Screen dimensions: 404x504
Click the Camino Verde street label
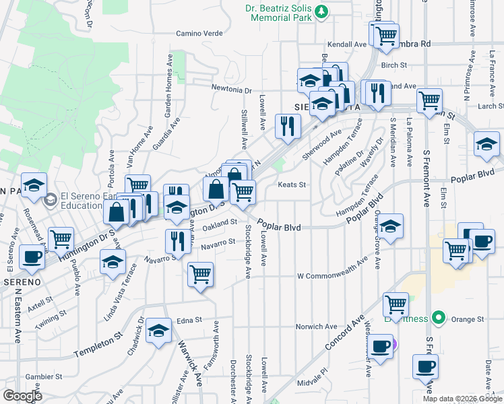199,32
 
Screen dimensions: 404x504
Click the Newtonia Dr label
231,90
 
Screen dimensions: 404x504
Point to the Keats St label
292,184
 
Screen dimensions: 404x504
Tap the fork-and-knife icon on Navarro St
177,240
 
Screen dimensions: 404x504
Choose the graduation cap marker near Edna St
158,331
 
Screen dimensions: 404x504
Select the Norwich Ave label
316,327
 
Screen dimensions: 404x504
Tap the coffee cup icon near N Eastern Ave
32,257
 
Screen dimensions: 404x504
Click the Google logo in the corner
22,396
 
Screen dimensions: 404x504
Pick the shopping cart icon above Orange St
396,304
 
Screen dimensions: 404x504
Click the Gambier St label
44,377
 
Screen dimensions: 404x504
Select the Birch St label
394,65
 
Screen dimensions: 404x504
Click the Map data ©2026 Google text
462,399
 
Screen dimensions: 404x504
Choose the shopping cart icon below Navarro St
200,274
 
